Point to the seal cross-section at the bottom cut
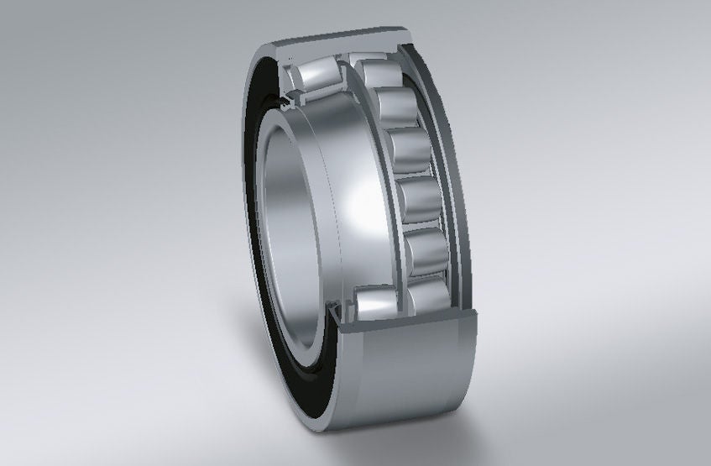click(x=336, y=317)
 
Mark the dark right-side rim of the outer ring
click(x=457, y=168)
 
